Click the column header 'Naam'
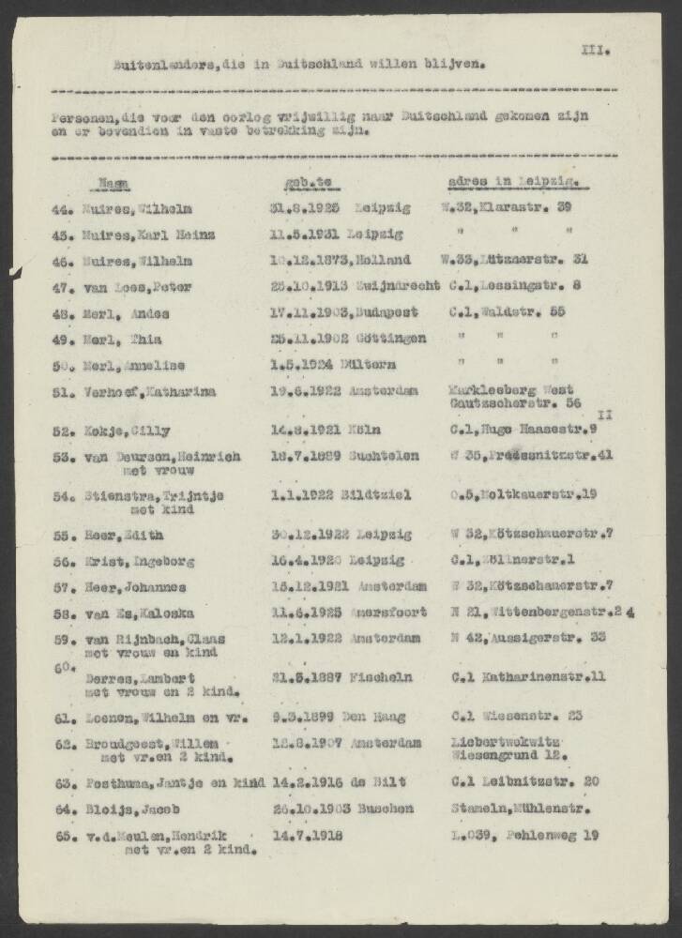[x=115, y=183]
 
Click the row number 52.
[x=61, y=431]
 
